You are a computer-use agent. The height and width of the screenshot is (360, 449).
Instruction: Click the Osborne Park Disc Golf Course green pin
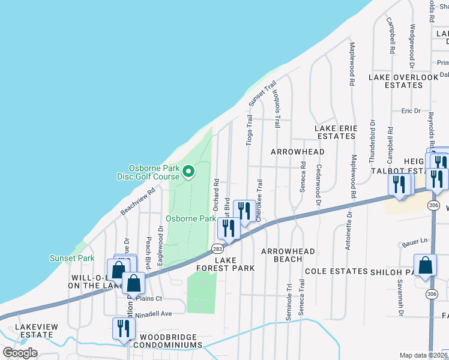pos(188,173)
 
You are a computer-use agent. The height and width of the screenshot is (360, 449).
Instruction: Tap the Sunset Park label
pos(72,258)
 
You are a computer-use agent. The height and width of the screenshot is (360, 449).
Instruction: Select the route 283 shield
pos(216,249)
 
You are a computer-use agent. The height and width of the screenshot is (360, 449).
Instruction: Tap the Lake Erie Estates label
pos(336,132)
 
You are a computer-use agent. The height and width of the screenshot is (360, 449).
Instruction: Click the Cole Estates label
pos(336,271)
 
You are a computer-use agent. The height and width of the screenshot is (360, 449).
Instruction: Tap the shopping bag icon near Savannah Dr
pos(425,265)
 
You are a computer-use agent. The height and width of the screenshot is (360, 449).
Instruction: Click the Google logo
pos(20,353)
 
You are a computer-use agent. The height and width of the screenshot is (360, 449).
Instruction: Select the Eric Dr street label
pos(411,111)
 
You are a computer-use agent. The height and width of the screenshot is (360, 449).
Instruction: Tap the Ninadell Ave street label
pos(154,313)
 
